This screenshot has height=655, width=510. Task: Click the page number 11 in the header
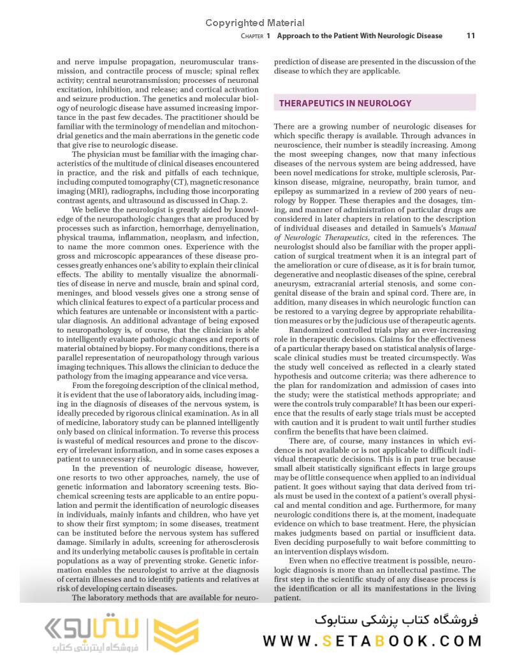click(x=470, y=36)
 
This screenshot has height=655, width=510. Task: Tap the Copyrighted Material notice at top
click(x=255, y=23)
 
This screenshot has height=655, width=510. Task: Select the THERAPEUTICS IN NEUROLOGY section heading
click(x=345, y=103)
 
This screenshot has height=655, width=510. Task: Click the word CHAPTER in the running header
click(x=252, y=36)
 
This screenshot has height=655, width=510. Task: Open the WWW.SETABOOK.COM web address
click(x=372, y=641)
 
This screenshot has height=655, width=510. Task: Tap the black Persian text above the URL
click(x=396, y=619)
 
